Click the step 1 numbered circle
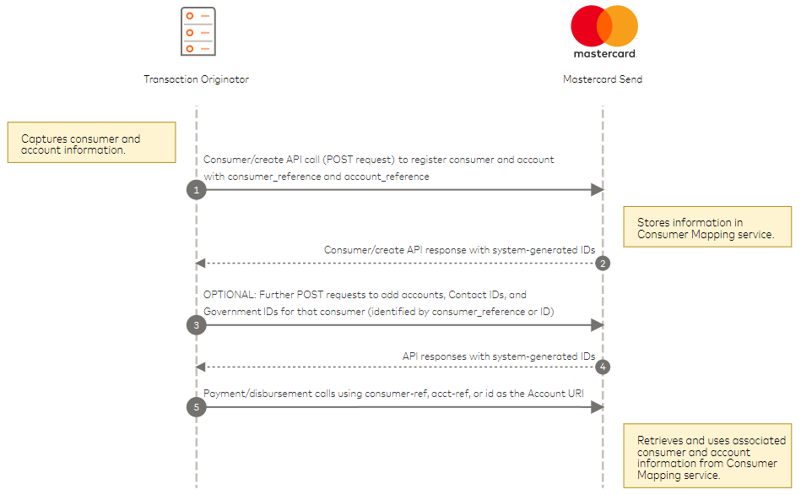click(x=196, y=190)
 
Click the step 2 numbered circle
click(x=603, y=263)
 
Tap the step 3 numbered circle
click(x=196, y=325)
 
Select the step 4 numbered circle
click(x=603, y=367)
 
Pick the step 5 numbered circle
click(x=196, y=407)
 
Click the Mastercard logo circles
click(x=603, y=26)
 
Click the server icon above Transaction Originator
click(x=198, y=32)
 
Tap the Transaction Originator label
click(x=196, y=79)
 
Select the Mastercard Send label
click(x=603, y=79)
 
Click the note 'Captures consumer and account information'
click(x=92, y=144)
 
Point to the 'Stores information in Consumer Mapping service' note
click(x=707, y=228)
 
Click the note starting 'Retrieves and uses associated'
click(x=707, y=456)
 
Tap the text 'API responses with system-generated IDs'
click(x=498, y=356)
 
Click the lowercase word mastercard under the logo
click(x=603, y=53)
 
